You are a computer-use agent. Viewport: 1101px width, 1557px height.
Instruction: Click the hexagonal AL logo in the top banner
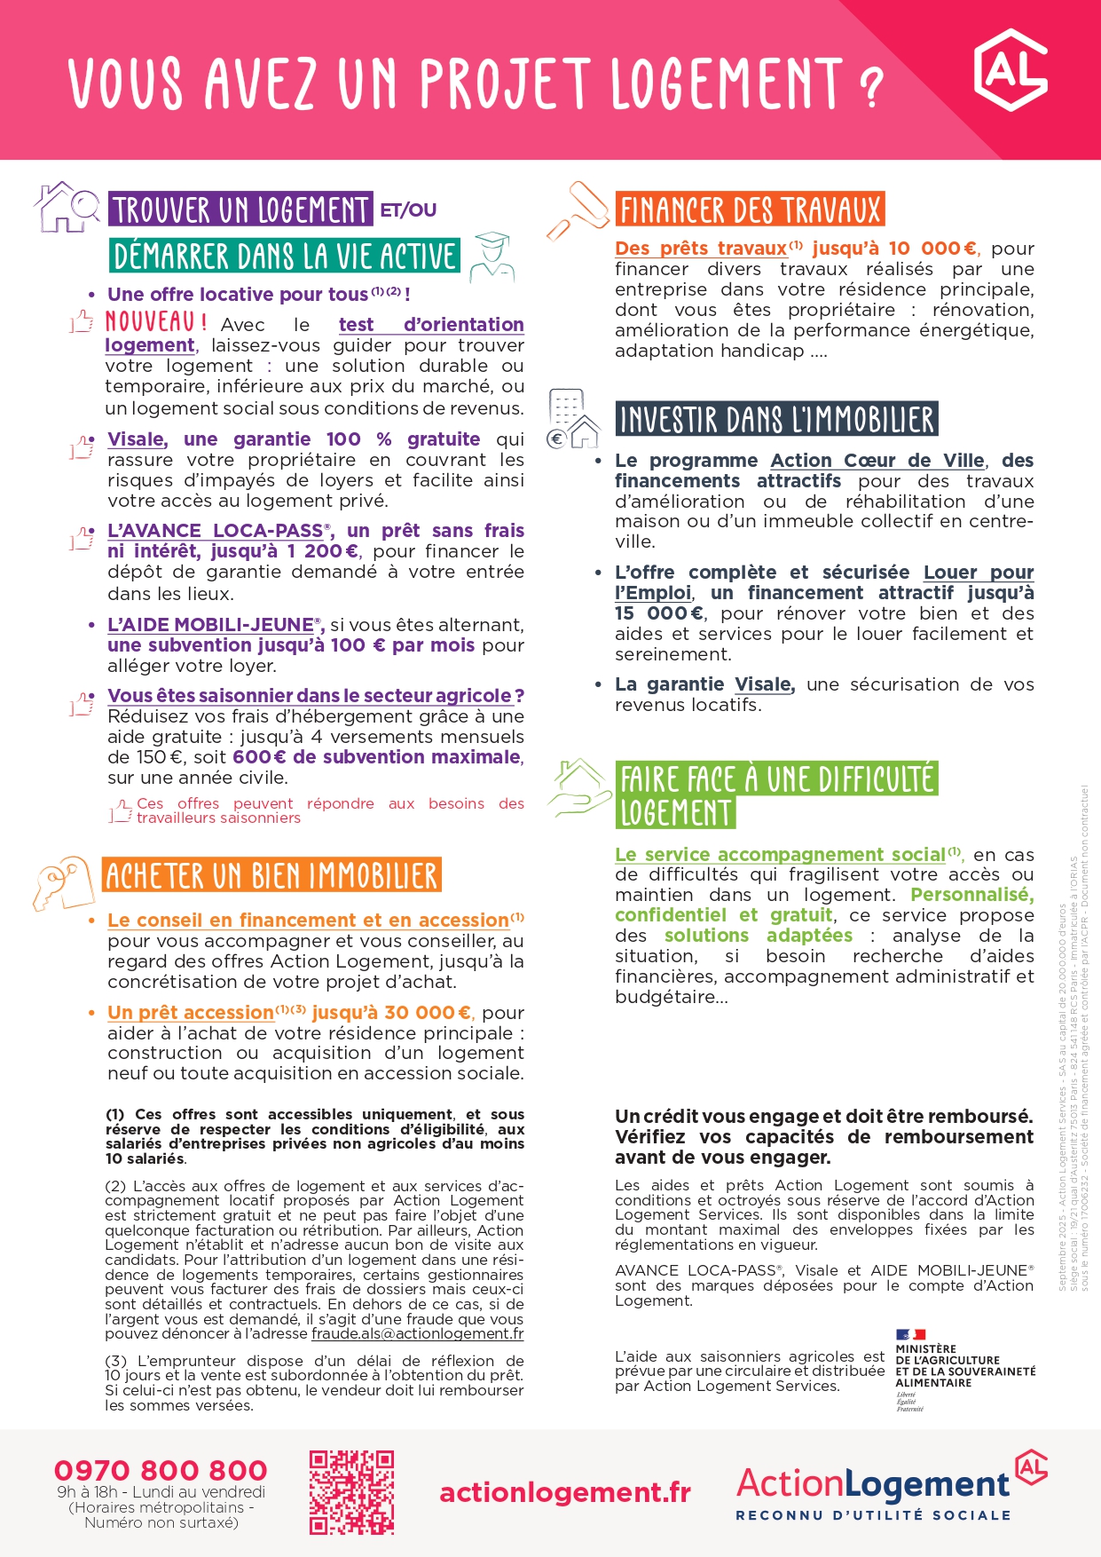(1011, 70)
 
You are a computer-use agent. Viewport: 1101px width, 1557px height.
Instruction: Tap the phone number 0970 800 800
(161, 1470)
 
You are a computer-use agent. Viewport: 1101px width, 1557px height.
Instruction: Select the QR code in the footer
(351, 1491)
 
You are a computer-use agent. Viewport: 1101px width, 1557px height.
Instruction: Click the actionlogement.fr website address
(565, 1492)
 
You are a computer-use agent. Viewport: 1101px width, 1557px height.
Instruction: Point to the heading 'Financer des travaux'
(750, 210)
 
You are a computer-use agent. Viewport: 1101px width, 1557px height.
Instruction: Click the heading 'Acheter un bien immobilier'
(271, 876)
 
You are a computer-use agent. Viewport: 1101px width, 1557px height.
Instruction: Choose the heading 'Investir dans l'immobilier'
(776, 420)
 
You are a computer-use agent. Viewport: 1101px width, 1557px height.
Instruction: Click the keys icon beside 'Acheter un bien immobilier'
(64, 882)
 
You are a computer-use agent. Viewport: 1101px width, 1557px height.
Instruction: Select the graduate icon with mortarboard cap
(492, 257)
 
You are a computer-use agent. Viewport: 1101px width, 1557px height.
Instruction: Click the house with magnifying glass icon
(67, 207)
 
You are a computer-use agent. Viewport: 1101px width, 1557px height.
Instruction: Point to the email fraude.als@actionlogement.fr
(417, 1333)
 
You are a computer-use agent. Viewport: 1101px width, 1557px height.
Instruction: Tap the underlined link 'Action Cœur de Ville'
(877, 461)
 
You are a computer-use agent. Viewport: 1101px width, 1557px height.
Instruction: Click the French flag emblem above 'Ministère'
(910, 1334)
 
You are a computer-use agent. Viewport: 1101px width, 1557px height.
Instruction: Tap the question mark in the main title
(871, 86)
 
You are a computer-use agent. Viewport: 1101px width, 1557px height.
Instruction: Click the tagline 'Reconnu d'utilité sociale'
(873, 1515)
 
